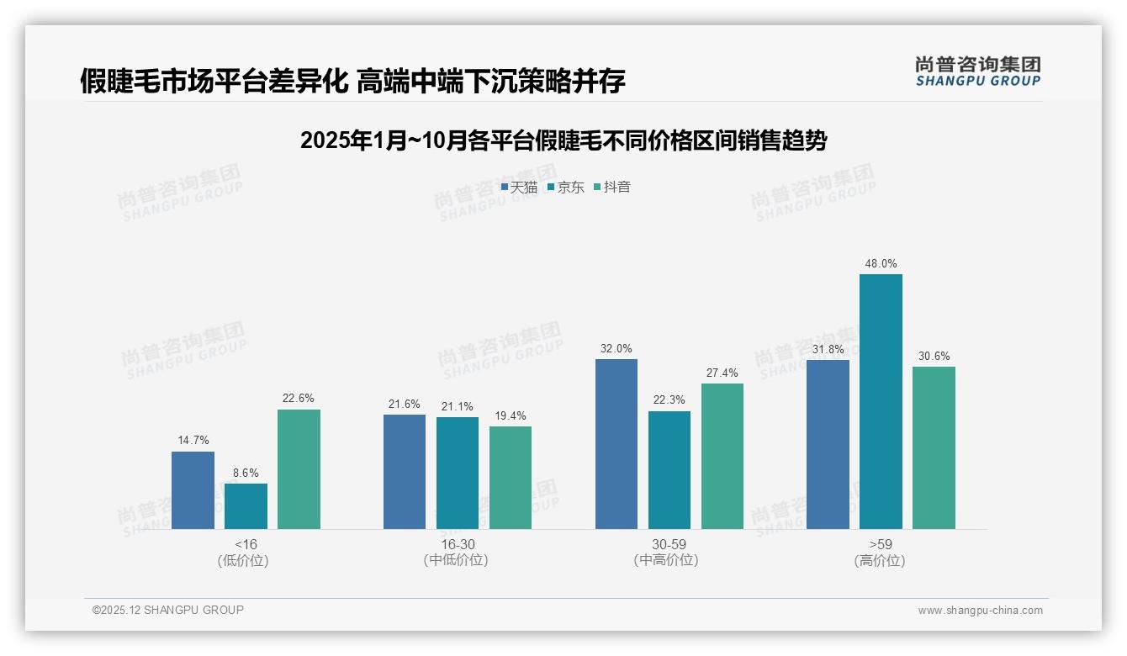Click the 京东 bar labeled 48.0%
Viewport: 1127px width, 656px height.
pos(881,401)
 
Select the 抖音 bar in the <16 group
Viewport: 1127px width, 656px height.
pos(299,469)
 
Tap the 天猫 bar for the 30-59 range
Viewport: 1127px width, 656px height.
pos(616,444)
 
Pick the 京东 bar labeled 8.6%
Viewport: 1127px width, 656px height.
pos(246,506)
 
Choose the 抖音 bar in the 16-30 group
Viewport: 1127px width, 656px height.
pos(511,478)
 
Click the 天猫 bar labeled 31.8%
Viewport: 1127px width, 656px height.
pos(828,444)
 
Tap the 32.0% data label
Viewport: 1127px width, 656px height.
pos(616,348)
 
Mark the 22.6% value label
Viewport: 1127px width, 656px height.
pos(299,399)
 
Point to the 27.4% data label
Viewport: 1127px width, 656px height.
pos(722,373)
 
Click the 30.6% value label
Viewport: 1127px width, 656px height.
pos(934,356)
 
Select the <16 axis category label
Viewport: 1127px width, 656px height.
pos(246,544)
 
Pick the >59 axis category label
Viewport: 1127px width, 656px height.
pos(881,544)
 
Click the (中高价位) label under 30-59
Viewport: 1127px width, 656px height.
pos(669,560)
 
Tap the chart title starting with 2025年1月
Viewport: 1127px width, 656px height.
pos(563,140)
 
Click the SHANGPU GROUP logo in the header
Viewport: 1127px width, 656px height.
pos(978,71)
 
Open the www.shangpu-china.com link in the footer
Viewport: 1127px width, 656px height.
pos(980,611)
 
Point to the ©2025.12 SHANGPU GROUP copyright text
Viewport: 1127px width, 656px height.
pos(168,610)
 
